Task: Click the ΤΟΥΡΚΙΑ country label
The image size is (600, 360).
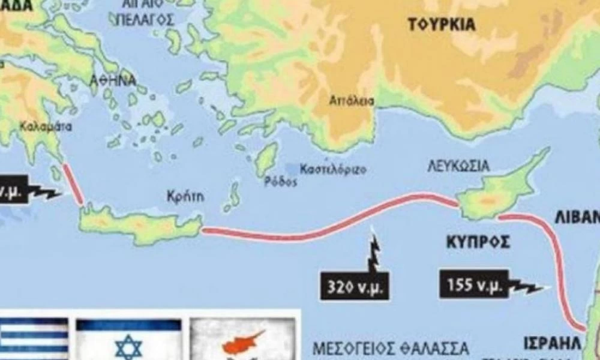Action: (442, 25)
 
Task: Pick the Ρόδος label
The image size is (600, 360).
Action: (280, 183)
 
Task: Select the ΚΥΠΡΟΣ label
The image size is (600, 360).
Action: (478, 242)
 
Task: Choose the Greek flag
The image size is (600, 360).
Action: (34, 339)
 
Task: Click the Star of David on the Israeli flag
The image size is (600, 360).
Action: (128, 346)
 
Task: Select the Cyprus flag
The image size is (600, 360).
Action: (242, 339)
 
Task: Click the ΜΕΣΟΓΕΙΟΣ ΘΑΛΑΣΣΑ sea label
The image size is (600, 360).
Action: (391, 348)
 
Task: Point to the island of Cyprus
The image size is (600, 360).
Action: (495, 192)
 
